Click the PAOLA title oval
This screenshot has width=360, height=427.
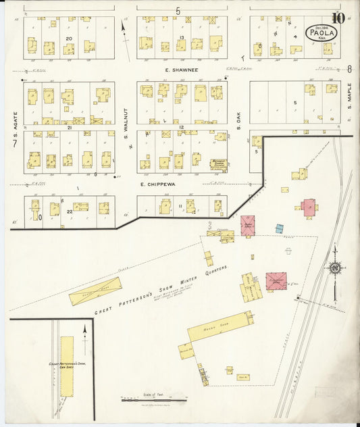319,31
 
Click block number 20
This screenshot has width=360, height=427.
69,40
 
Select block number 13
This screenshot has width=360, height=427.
182,36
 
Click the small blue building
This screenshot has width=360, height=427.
279,229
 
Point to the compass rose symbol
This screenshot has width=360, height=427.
334,270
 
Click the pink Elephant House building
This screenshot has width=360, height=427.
276,281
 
